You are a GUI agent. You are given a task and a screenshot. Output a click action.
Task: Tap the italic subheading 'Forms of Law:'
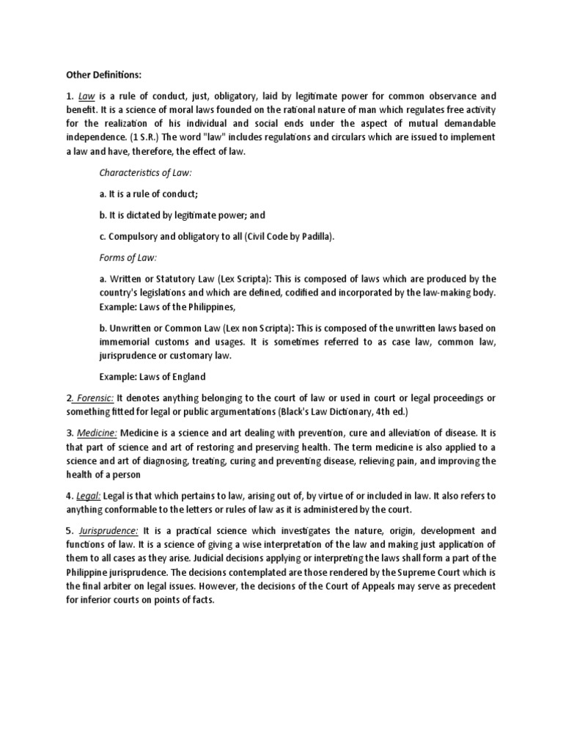128,257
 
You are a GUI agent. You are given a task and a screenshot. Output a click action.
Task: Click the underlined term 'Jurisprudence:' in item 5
109,531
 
